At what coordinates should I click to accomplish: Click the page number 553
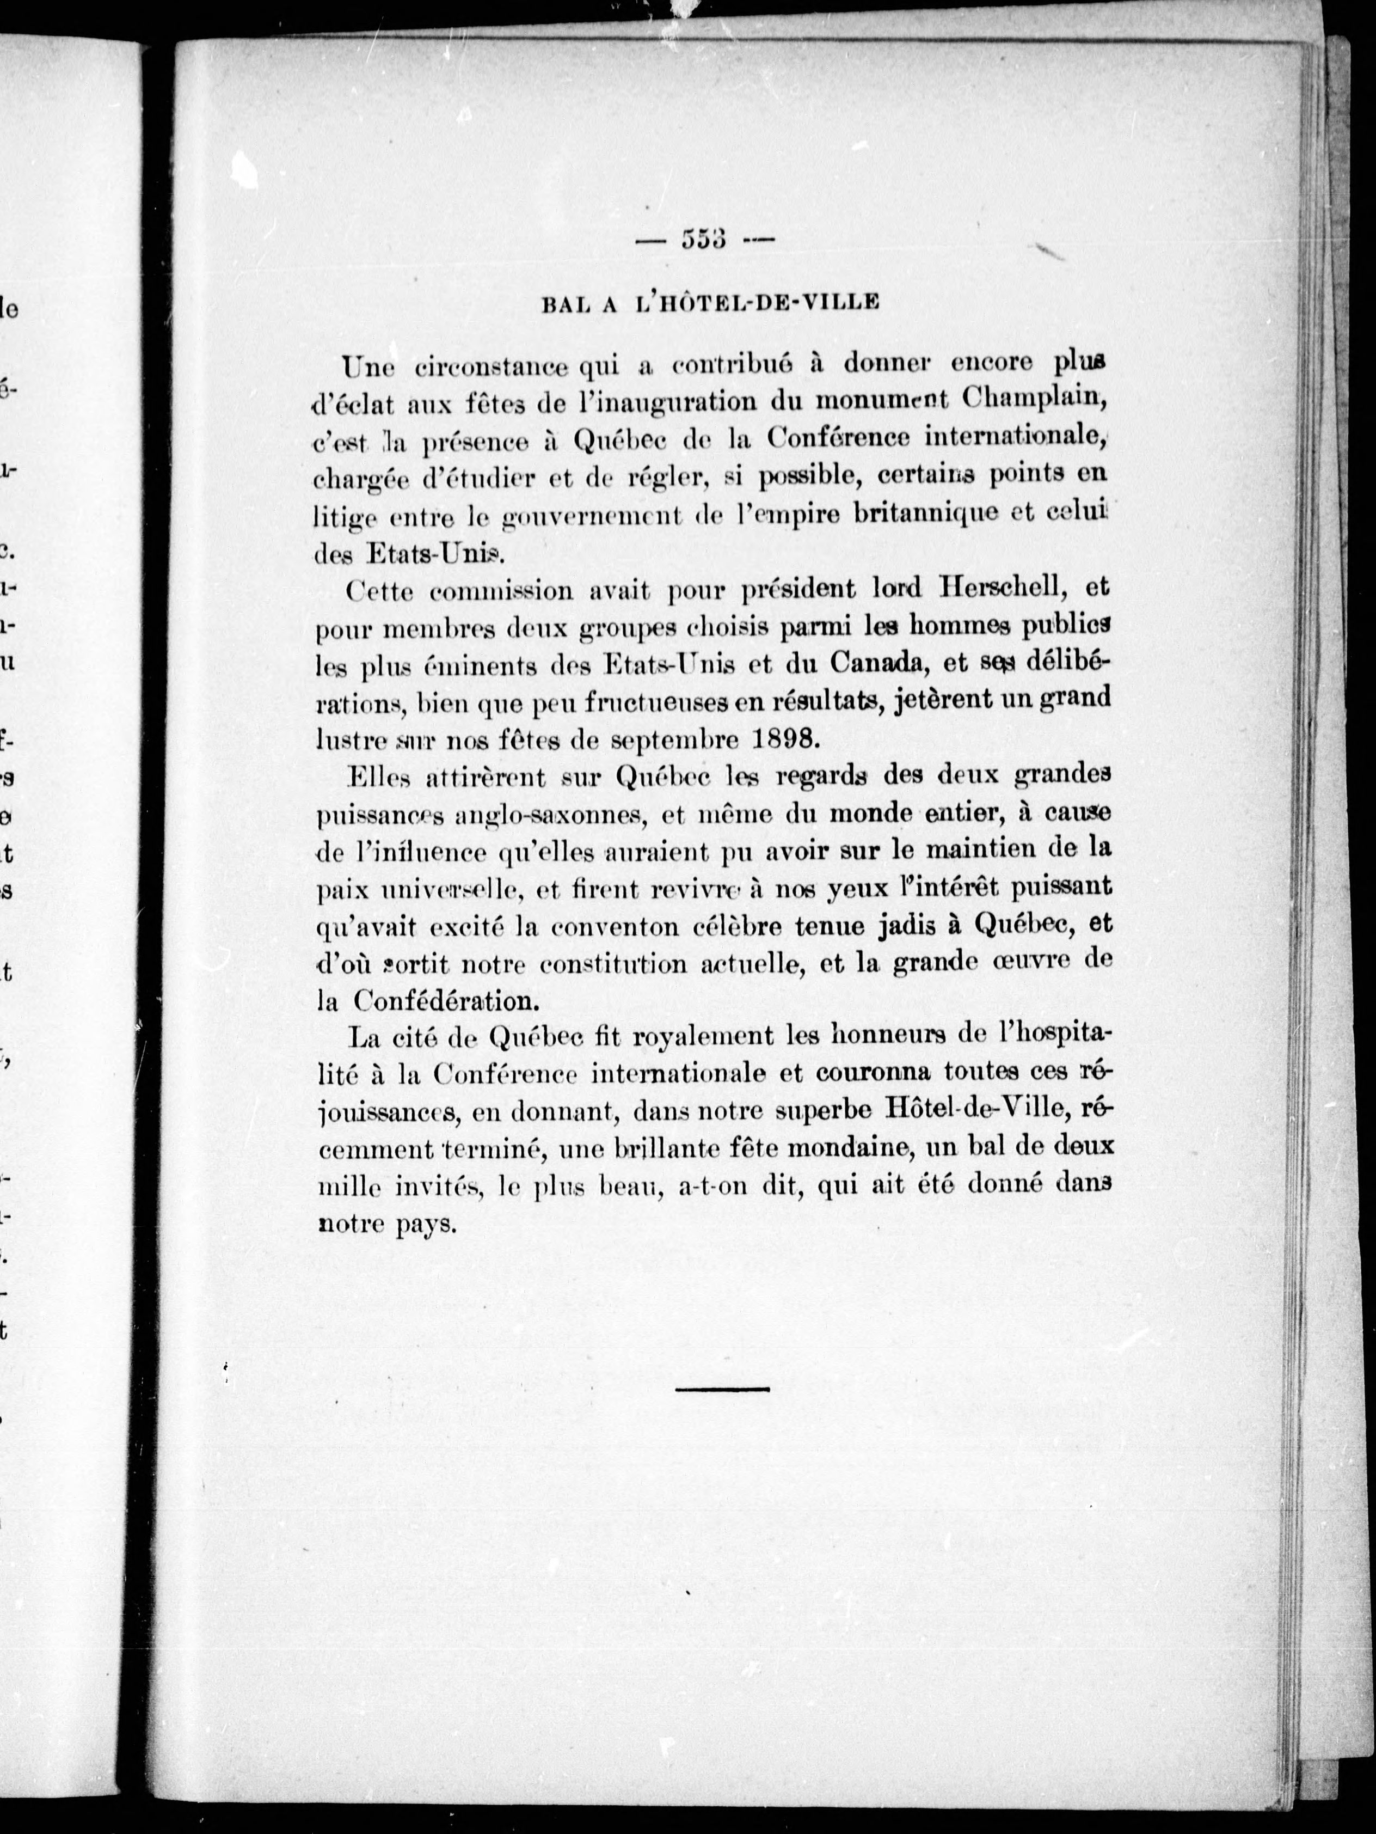coord(704,241)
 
